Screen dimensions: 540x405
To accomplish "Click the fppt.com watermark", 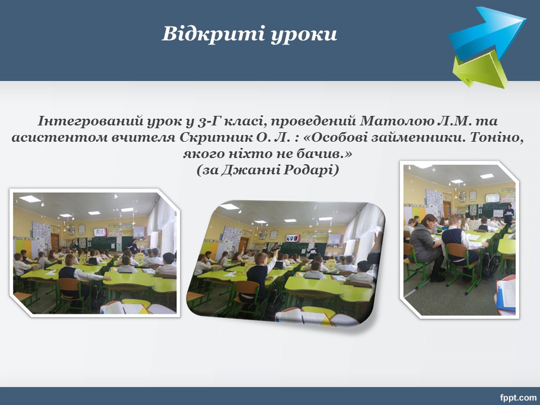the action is pyautogui.click(x=518, y=398).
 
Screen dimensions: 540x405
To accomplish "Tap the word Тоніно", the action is pyautogui.click(x=497, y=137).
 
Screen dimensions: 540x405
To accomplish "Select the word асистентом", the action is pyautogui.click(x=58, y=137).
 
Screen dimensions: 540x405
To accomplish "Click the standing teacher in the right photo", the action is pyautogui.click(x=508, y=215).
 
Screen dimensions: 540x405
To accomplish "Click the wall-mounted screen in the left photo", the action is pyautogui.click(x=100, y=232).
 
